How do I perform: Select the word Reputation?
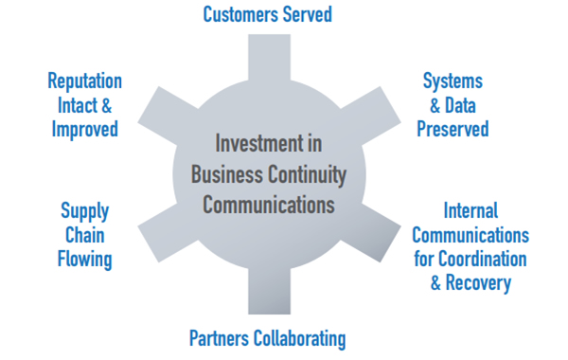[84, 81]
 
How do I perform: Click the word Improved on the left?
[84, 128]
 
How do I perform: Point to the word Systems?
[453, 81]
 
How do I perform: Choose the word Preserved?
[453, 128]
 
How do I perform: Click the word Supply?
[85, 210]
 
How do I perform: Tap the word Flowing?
[85, 258]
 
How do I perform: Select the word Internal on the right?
[470, 210]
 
